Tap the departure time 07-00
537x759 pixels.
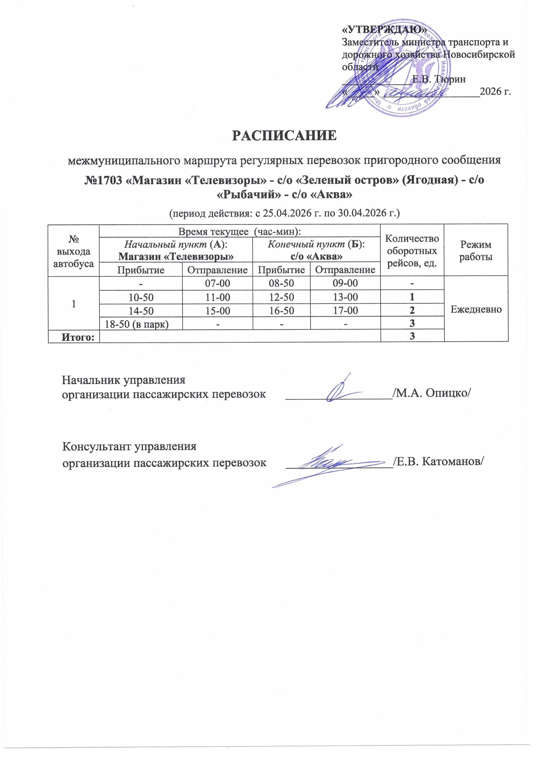click(217, 283)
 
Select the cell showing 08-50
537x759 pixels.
click(281, 283)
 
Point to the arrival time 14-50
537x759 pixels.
click(141, 311)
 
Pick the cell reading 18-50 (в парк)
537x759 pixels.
click(137, 324)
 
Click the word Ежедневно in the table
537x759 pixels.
click(476, 309)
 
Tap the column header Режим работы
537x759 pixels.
click(476, 251)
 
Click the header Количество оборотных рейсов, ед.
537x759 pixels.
click(412, 251)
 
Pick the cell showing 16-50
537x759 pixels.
click(281, 311)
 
